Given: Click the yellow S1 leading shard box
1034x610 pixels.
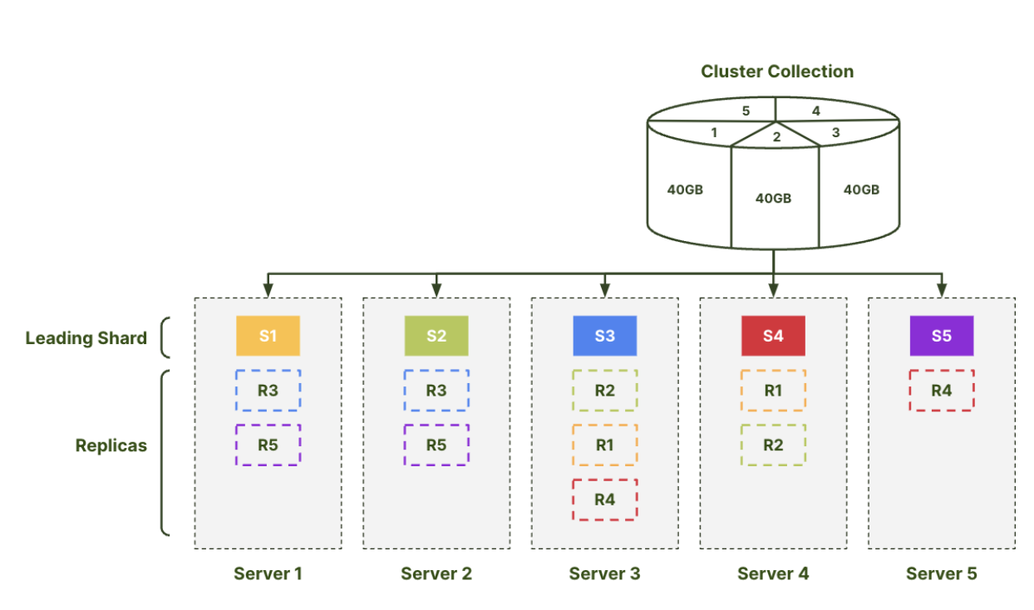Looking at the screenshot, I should click(x=268, y=336).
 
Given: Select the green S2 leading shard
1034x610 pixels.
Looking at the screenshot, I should click(x=436, y=336).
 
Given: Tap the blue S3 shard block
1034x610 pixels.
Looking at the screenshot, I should click(x=604, y=336).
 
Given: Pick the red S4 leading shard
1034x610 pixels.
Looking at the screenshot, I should click(x=773, y=336).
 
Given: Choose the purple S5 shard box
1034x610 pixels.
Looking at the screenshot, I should click(x=941, y=336).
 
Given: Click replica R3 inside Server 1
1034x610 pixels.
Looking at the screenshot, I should click(x=268, y=391).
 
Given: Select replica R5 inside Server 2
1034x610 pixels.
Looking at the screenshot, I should click(x=436, y=445).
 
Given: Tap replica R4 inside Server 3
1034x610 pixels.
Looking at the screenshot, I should click(x=604, y=499).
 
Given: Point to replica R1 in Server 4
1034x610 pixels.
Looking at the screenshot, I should click(x=773, y=391).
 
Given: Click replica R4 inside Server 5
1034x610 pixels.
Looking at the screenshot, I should click(x=941, y=391).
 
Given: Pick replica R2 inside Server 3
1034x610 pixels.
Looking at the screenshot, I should click(x=604, y=391).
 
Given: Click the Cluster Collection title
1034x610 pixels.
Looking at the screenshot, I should click(x=777, y=71).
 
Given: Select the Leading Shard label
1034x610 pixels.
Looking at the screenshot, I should click(x=86, y=338).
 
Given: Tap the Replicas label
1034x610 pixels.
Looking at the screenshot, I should click(x=111, y=445).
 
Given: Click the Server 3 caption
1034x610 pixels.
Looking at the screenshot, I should click(x=604, y=573).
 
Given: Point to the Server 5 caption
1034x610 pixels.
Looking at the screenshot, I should click(x=941, y=573).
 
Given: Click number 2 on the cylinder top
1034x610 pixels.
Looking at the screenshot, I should click(x=776, y=137).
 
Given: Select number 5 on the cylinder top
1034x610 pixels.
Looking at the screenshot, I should click(x=746, y=110).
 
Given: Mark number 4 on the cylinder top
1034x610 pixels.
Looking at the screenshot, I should click(x=815, y=110).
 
